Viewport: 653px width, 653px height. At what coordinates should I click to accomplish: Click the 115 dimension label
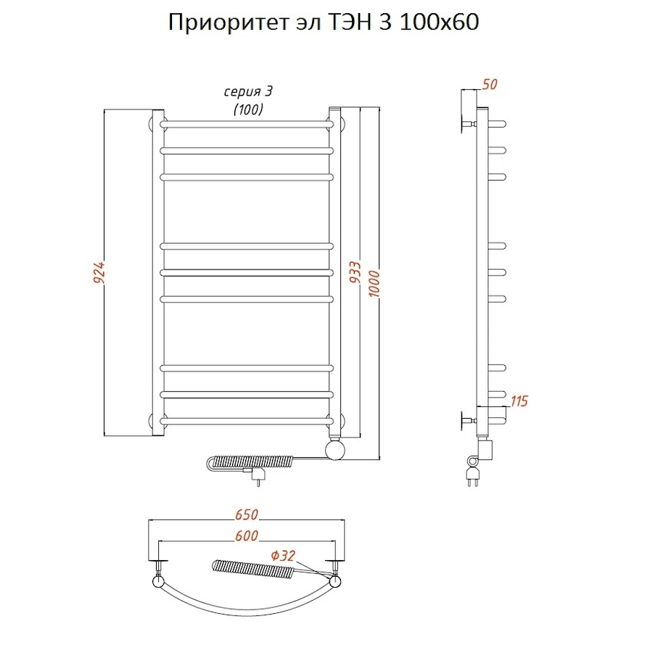(519, 401)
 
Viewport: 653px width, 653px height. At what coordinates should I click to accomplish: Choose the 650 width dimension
(247, 515)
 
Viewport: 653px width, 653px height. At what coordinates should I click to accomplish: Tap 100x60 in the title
(440, 23)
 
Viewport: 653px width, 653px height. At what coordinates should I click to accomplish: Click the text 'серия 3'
(247, 91)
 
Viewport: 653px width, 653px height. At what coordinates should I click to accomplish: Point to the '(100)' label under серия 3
(247, 110)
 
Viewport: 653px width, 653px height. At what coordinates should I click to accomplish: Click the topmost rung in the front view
(247, 124)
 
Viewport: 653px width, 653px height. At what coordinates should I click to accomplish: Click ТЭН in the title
(348, 23)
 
